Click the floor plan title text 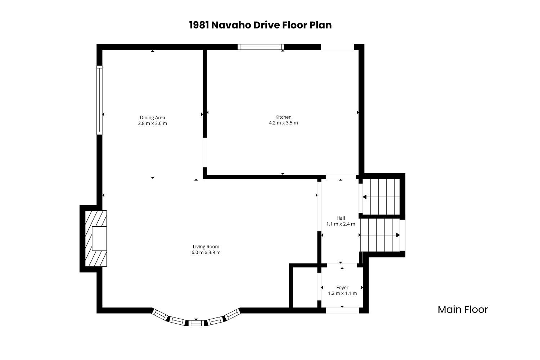260,25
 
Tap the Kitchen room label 284,117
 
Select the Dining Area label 153,117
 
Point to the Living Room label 206,247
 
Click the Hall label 341,218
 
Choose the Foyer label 342,287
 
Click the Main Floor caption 463,309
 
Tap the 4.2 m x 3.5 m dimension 284,123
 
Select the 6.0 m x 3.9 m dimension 206,252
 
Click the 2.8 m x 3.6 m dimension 153,123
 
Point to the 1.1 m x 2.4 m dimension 341,224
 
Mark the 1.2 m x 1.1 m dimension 342,293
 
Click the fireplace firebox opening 99,238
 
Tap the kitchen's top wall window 260,47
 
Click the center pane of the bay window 196,323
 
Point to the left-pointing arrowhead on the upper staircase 365,197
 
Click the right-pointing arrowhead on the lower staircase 398,235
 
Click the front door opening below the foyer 342,310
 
